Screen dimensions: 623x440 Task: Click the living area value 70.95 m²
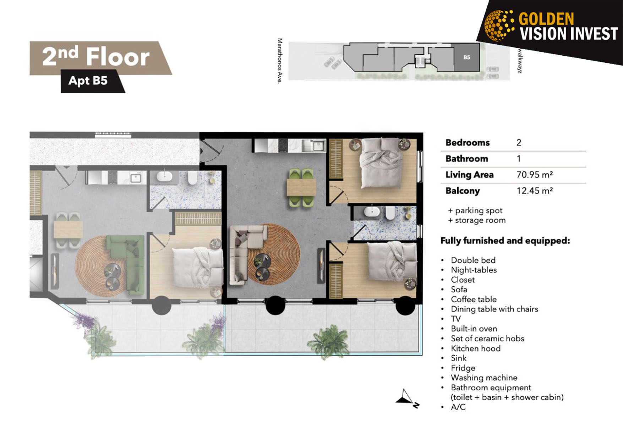(x=534, y=175)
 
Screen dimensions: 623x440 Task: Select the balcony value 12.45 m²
(x=534, y=191)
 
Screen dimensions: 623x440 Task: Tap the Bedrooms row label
(x=468, y=143)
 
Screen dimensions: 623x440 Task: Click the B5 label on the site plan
(x=467, y=57)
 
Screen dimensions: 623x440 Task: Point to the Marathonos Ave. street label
(x=280, y=61)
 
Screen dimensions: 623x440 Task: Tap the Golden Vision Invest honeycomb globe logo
(x=499, y=25)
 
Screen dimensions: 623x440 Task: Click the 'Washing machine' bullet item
(x=484, y=378)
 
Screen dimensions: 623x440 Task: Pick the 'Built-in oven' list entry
(x=474, y=329)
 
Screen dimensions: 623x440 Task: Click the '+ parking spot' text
(x=475, y=210)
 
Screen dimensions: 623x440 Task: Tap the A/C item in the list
(x=458, y=407)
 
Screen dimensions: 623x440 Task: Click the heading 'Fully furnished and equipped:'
(x=505, y=241)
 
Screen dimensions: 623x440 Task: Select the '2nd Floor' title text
(x=96, y=57)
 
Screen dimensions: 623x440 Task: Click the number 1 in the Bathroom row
(x=519, y=159)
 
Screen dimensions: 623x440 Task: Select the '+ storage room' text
(x=477, y=220)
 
